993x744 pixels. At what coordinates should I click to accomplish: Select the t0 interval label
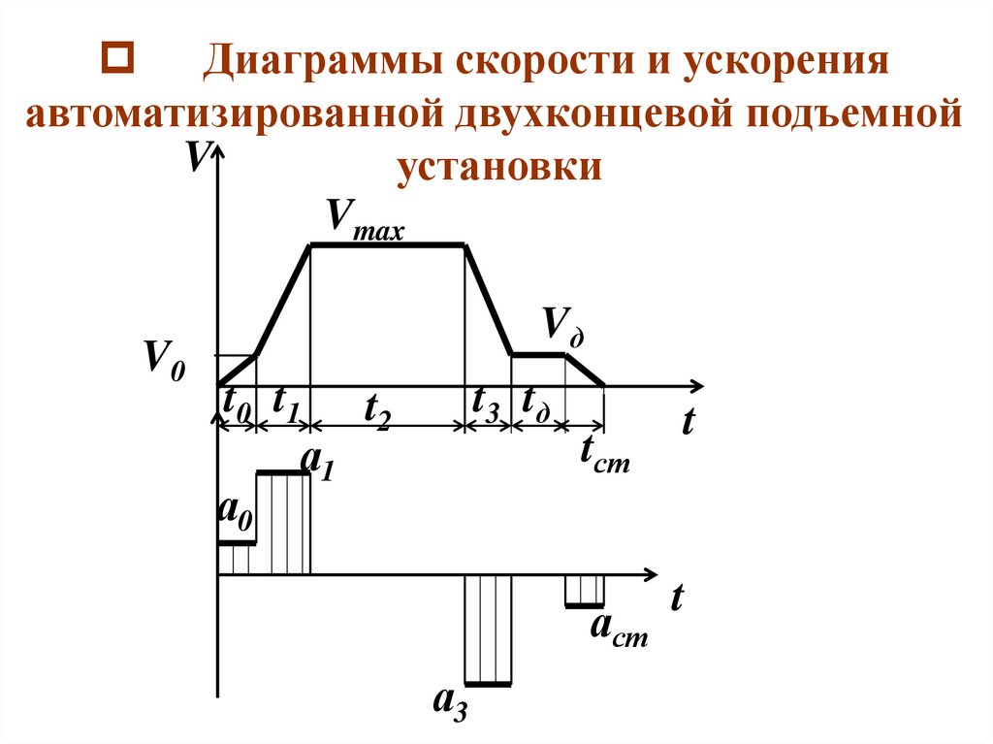[237, 403]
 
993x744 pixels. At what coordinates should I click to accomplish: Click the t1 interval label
[286, 403]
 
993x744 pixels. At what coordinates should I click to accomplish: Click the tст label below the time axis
[604, 453]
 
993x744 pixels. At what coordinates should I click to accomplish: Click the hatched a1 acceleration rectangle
[283, 524]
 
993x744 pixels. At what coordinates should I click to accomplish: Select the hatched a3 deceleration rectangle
[488, 631]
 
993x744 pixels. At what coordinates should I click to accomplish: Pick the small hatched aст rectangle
[585, 590]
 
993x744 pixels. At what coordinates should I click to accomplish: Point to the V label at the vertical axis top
[197, 155]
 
